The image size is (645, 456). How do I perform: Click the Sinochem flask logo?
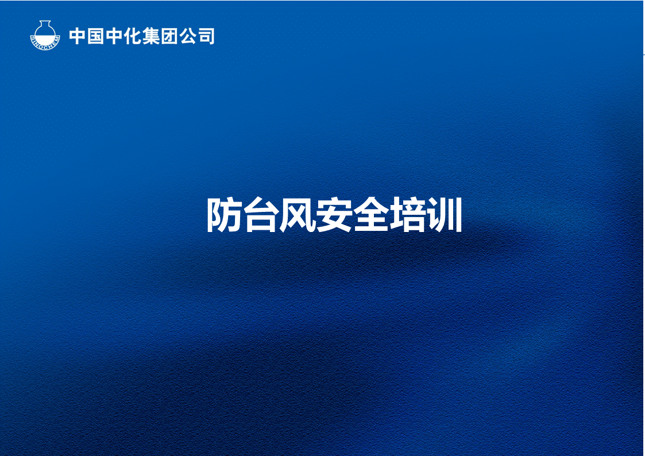pos(45,36)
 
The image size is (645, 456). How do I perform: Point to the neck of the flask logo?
pos(45,24)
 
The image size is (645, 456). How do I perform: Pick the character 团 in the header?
pos(170,36)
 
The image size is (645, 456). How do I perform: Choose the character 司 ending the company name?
pos(206,36)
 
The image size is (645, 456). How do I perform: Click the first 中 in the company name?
pos(78,36)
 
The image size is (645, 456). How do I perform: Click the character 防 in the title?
pos(223,216)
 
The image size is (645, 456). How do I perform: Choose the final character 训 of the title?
pos(444,216)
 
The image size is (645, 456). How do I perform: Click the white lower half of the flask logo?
pos(45,40)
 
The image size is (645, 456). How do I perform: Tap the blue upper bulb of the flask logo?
pos(45,32)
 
